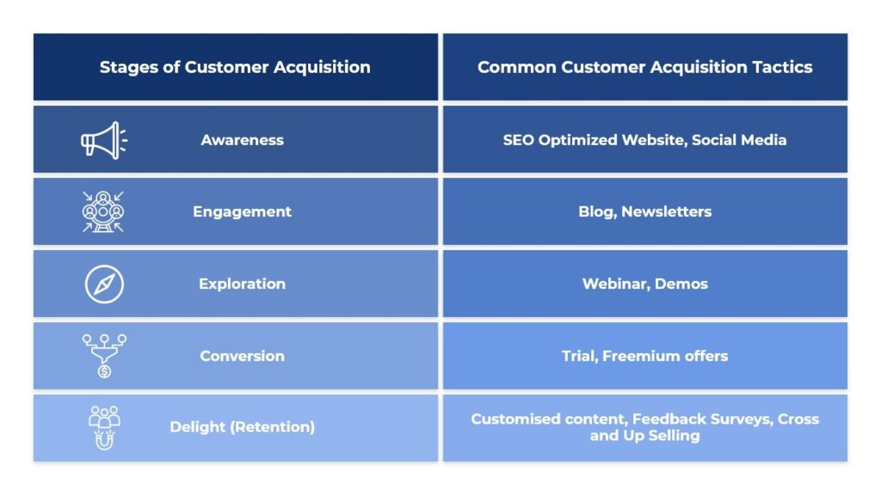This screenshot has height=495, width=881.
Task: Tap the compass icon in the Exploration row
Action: click(104, 284)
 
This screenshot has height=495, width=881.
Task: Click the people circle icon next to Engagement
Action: click(103, 211)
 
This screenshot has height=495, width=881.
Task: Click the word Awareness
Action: click(242, 140)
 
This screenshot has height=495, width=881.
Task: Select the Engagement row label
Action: click(242, 211)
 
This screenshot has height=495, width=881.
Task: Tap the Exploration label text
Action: click(242, 284)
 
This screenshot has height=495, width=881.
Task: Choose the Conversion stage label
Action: click(242, 356)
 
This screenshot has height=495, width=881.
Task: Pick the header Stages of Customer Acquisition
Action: click(235, 67)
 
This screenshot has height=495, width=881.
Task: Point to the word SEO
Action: click(519, 140)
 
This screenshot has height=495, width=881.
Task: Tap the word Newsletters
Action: click(666, 211)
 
